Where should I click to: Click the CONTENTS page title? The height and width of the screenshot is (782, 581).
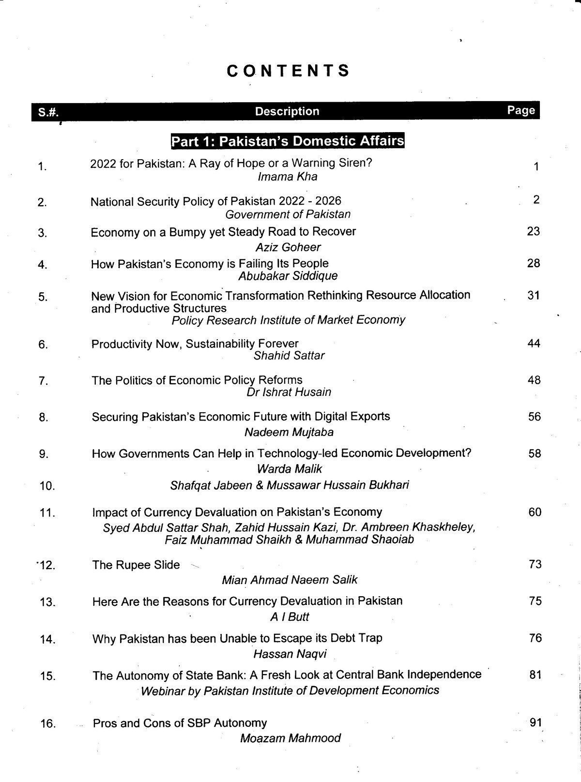point(288,71)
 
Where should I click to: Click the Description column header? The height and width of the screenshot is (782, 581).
point(287,111)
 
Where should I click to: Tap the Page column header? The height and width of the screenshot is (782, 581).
point(521,110)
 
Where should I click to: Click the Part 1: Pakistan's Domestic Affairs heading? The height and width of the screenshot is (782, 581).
point(288,141)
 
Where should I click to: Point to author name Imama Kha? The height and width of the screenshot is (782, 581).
point(288,177)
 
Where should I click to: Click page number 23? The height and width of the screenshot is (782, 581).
point(533,231)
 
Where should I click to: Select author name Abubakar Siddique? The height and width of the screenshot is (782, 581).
point(288,276)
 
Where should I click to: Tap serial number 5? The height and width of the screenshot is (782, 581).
point(43,297)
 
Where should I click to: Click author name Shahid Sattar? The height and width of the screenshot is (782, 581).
point(289,356)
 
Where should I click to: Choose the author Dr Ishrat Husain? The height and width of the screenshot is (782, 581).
point(289,392)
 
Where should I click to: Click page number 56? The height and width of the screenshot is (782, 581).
point(534,417)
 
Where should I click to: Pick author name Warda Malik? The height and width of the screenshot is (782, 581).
point(289,468)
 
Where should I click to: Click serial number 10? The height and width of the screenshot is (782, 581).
point(47,486)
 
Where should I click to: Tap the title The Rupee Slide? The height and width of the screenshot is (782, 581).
point(136,565)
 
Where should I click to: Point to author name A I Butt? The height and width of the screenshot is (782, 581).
point(289,617)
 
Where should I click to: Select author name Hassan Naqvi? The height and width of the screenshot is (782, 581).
point(290,654)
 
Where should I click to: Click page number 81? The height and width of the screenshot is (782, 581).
point(535,675)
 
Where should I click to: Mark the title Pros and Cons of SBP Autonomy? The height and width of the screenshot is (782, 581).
point(180,723)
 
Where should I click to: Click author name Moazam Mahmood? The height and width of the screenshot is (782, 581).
point(290,738)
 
